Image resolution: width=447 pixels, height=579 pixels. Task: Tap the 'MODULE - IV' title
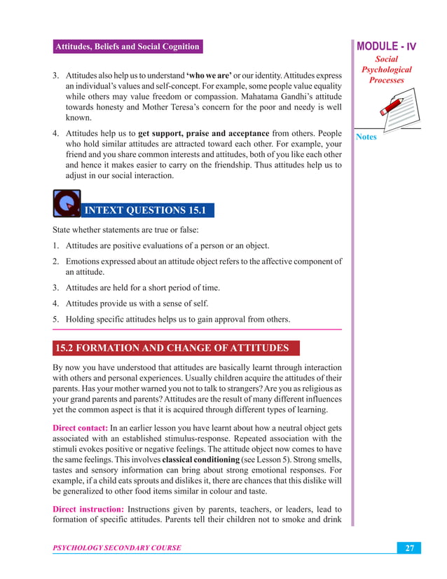click(387, 47)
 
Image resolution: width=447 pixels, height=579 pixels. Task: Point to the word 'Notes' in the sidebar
click(366, 137)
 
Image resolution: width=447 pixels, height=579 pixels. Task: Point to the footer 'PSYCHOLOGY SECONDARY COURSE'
click(117, 548)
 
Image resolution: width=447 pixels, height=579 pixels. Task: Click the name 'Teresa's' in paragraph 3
click(202, 108)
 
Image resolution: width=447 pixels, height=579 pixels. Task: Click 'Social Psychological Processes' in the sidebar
click(387, 69)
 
